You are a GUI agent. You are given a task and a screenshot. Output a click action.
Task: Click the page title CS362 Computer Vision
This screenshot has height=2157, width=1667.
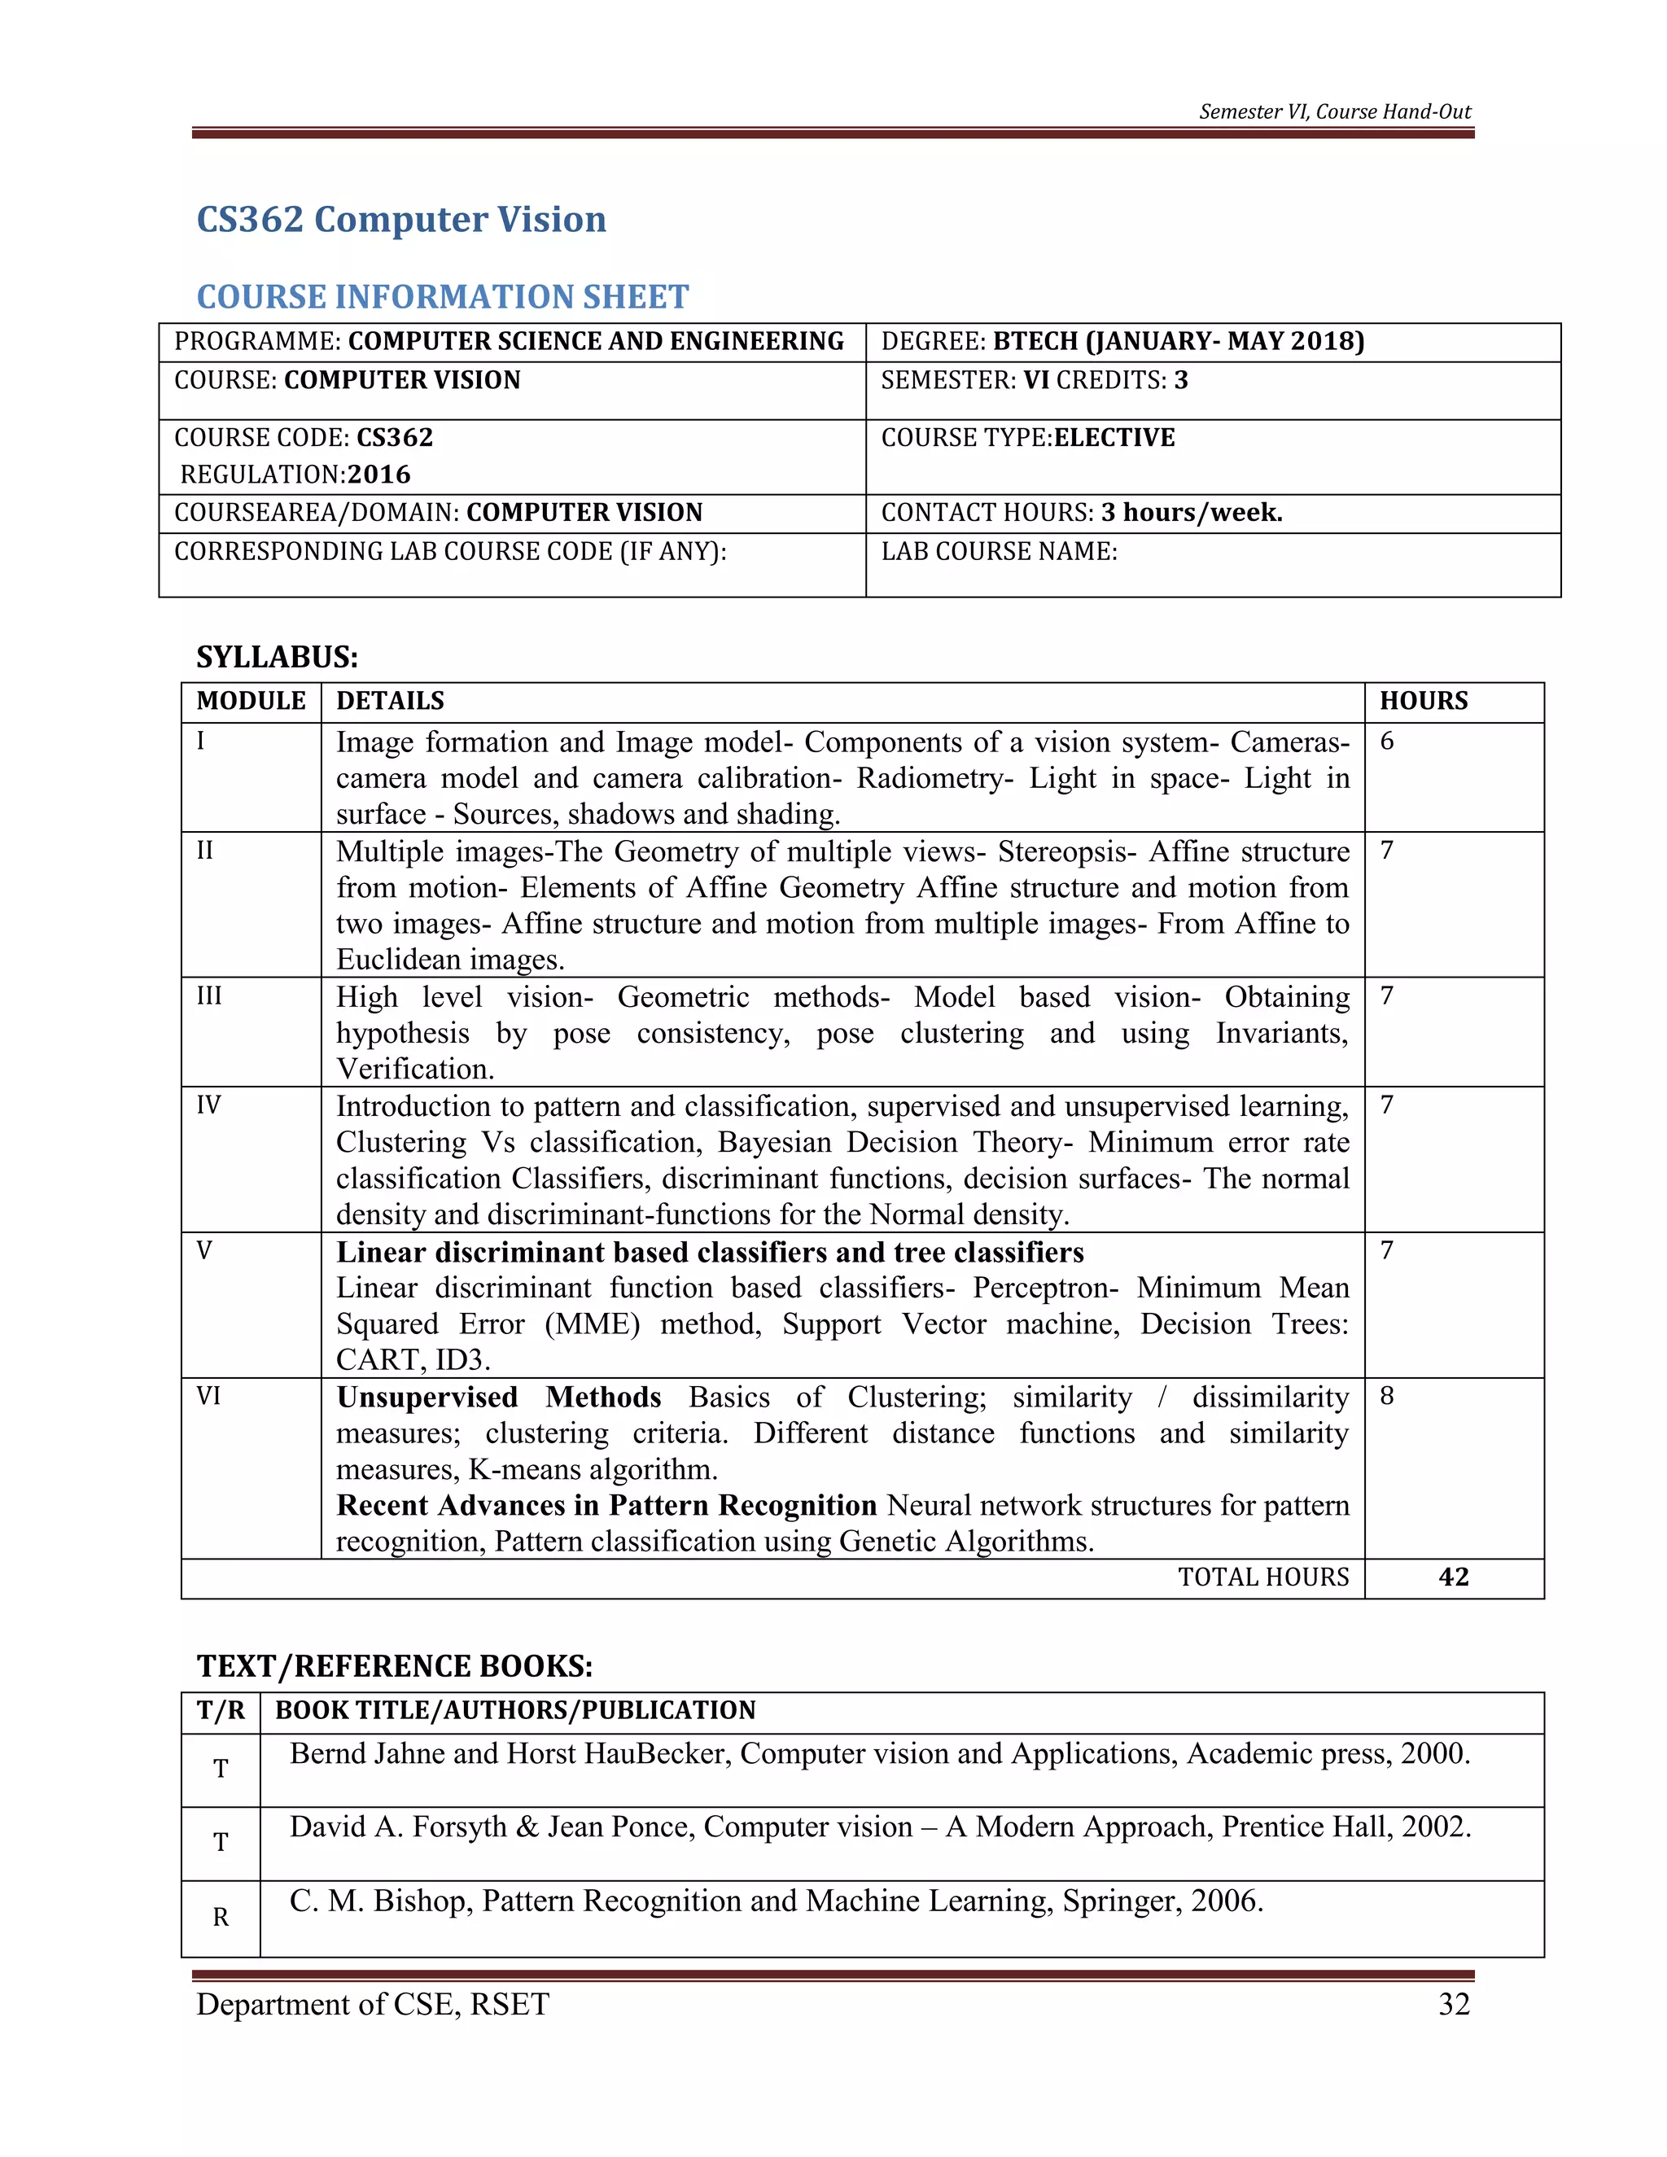(x=401, y=219)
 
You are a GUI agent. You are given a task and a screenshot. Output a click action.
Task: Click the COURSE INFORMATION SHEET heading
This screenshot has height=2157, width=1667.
(x=443, y=296)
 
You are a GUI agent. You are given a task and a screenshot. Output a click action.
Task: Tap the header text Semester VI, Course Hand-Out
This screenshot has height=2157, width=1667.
(x=1334, y=112)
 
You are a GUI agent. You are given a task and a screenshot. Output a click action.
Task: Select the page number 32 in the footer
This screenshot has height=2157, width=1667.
(x=1454, y=2004)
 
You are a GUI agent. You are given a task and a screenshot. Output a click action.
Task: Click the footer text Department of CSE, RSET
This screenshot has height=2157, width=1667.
(x=372, y=2004)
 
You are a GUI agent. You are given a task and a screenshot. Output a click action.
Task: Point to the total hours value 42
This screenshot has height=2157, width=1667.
(x=1454, y=1577)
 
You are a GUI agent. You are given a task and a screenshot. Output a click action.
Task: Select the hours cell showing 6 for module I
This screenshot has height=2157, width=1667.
(x=1388, y=741)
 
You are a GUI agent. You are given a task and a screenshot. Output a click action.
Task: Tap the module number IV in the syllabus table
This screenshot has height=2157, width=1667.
(x=208, y=1105)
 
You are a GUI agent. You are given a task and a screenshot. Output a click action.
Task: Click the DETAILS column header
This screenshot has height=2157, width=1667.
(x=390, y=700)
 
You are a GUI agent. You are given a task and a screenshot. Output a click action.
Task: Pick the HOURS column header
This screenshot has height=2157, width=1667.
(x=1423, y=700)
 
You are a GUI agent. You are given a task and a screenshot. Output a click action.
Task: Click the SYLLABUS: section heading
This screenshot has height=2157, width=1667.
(x=277, y=657)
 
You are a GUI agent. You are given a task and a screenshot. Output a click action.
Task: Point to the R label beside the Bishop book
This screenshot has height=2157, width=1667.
(x=221, y=1917)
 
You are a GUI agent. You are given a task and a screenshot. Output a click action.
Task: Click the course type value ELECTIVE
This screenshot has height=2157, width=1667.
(x=1114, y=438)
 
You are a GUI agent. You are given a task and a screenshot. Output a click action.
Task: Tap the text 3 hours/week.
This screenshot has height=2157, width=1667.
(x=1191, y=513)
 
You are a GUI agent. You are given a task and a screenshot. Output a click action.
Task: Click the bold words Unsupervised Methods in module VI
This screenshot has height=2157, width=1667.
(x=499, y=1398)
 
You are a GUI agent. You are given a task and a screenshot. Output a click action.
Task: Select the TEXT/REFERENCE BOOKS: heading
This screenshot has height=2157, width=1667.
(x=394, y=1666)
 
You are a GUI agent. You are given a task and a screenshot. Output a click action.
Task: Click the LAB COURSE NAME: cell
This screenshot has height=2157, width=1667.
(x=999, y=551)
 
